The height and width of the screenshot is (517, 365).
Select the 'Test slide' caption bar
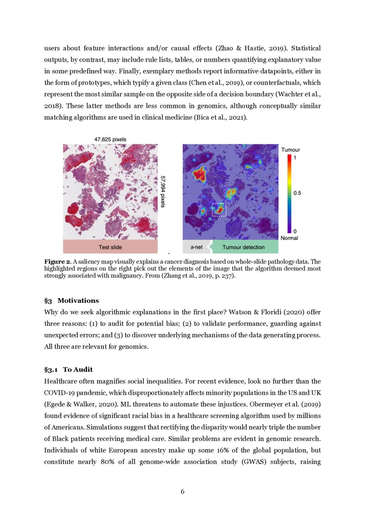click(110, 247)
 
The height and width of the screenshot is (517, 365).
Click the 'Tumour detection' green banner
click(243, 247)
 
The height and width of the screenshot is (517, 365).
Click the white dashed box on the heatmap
click(219, 210)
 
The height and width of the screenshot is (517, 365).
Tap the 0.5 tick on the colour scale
click(298, 193)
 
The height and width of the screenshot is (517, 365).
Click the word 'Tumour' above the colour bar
click(290, 150)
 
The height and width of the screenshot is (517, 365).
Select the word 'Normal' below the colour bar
click(289, 238)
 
